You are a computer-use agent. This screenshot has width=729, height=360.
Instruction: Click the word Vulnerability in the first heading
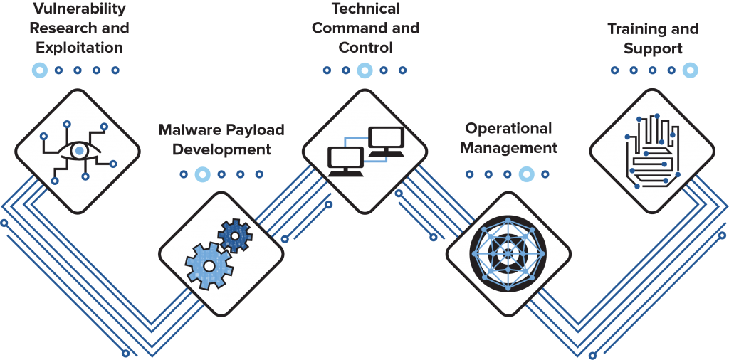pyautogui.click(x=80, y=8)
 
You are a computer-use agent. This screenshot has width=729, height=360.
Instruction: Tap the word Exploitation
pyautogui.click(x=80, y=48)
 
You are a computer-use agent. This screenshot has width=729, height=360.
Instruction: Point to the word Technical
pyautogui.click(x=365, y=8)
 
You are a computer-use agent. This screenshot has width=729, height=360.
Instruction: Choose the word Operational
pyautogui.click(x=508, y=129)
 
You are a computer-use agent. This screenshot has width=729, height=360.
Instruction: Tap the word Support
pyautogui.click(x=653, y=48)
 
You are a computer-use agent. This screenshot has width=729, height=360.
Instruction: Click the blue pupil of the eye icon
pyautogui.click(x=80, y=151)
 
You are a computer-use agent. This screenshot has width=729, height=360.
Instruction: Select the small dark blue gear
pyautogui.click(x=235, y=235)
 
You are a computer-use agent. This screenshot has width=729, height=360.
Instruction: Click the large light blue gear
pyautogui.click(x=209, y=265)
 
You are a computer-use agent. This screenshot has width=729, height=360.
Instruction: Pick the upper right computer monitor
pyautogui.click(x=385, y=141)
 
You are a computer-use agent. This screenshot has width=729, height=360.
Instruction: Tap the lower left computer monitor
pyautogui.click(x=345, y=162)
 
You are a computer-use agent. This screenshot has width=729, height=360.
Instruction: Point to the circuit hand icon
pyautogui.click(x=652, y=151)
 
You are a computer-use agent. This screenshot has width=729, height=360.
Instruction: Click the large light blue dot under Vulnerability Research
pyautogui.click(x=40, y=70)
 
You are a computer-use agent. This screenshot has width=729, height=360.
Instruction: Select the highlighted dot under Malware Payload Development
pyautogui.click(x=202, y=174)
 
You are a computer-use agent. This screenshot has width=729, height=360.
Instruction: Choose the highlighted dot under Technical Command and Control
pyautogui.click(x=364, y=70)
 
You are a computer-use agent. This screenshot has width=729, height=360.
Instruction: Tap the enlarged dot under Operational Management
pyautogui.click(x=526, y=174)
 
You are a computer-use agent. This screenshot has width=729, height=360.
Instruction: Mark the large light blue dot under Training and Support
pyautogui.click(x=691, y=70)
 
